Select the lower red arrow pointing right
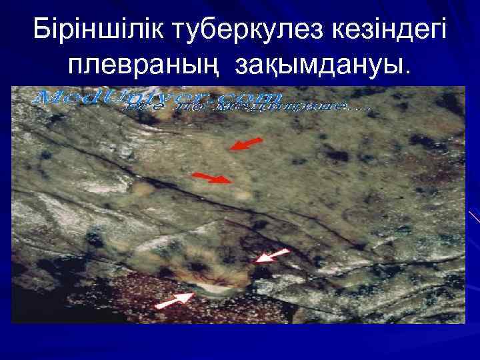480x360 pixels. tap(213, 177)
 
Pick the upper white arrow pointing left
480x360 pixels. tap(273, 255)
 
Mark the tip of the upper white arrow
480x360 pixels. tap(257, 261)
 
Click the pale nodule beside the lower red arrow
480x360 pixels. tap(243, 195)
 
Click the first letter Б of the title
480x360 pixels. tap(42, 28)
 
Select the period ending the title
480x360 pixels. tap(409, 69)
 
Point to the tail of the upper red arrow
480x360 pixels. tap(263, 139)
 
